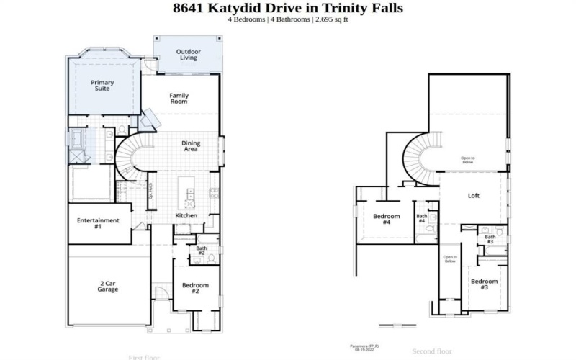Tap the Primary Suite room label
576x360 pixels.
[x=102, y=86]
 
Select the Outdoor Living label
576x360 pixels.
[x=189, y=54]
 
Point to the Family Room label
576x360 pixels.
[x=179, y=99]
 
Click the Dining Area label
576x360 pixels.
[x=191, y=145]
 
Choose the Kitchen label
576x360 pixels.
[x=186, y=215]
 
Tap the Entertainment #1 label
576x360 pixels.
[x=98, y=223]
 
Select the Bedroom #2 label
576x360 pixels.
[x=195, y=287]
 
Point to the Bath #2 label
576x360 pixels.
[x=202, y=251]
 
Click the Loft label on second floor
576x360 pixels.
[x=474, y=196]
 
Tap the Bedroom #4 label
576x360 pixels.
[x=387, y=220]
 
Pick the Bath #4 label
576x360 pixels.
[x=423, y=218]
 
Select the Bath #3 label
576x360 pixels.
[x=490, y=239]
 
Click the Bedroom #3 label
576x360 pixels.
[x=484, y=284]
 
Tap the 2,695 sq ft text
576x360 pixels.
[x=332, y=19]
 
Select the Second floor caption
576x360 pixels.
[x=431, y=351]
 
